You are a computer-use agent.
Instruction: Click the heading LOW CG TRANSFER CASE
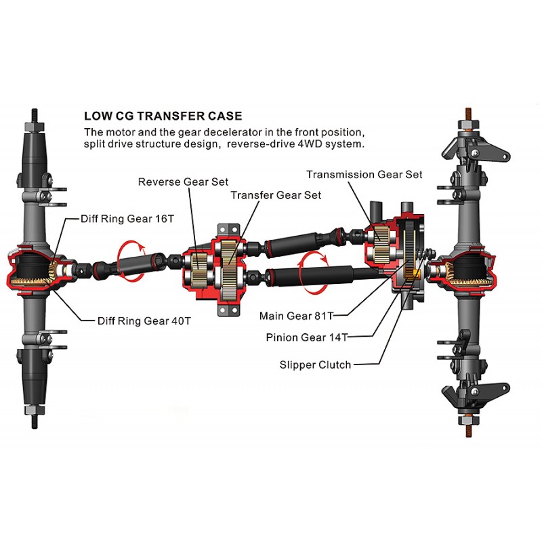click(x=163, y=117)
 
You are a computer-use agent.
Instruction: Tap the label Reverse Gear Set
click(x=183, y=182)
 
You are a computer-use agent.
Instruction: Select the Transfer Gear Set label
click(x=276, y=195)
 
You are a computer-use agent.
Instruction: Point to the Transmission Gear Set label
click(x=364, y=174)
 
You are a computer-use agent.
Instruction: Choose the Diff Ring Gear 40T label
click(x=140, y=320)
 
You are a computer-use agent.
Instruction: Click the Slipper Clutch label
click(x=315, y=365)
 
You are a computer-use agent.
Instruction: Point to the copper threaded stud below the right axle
click(x=467, y=425)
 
